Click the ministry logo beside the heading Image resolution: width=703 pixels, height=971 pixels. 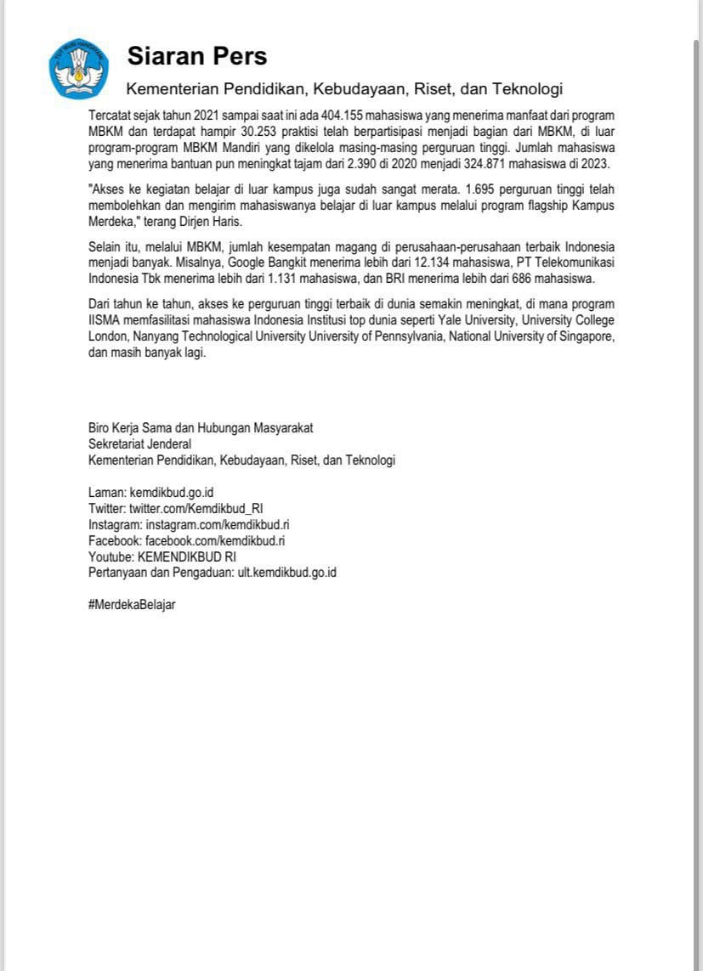click(x=78, y=68)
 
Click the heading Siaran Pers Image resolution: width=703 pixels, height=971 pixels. click(x=197, y=56)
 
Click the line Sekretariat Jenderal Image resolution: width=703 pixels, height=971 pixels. click(x=139, y=443)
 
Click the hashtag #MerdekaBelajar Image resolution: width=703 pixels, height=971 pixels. click(x=132, y=605)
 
